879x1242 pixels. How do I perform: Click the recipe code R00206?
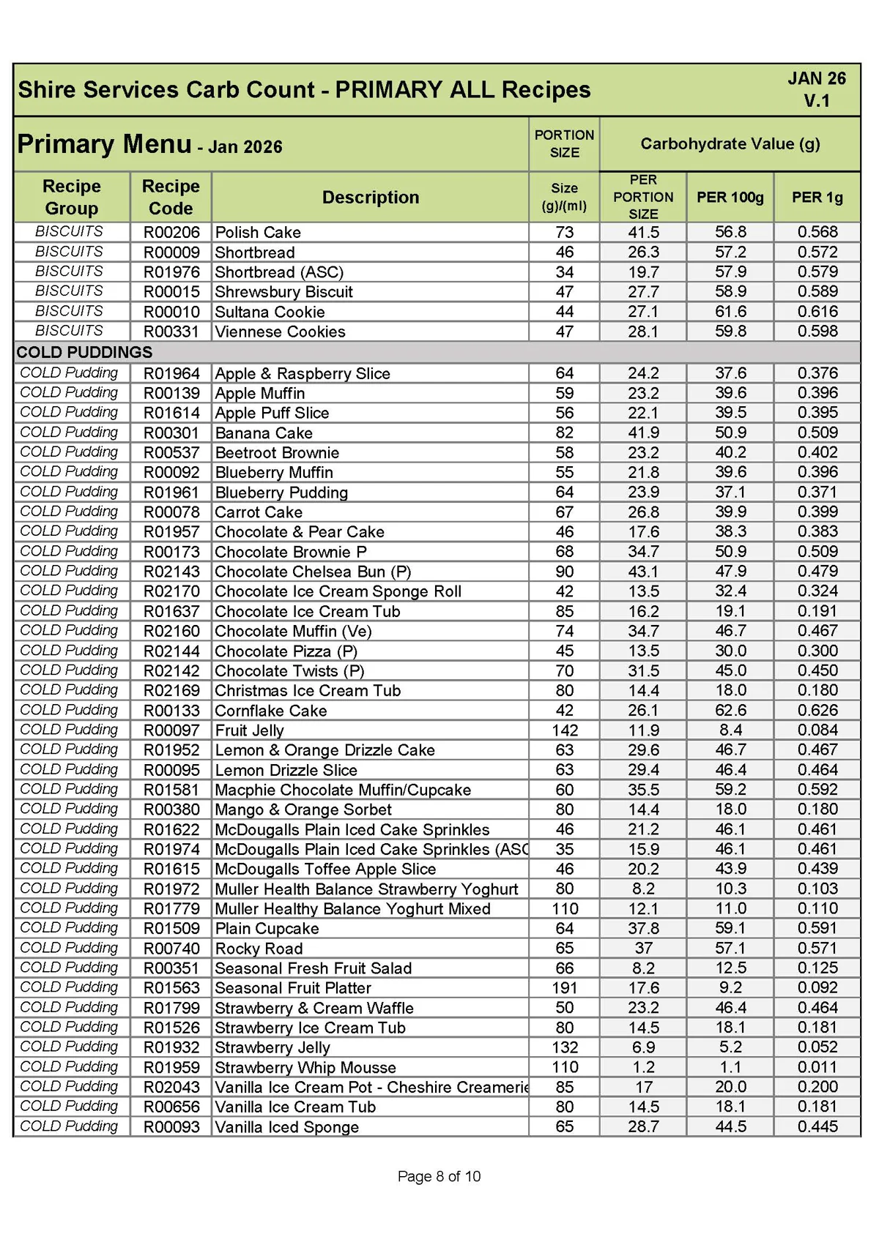tap(171, 232)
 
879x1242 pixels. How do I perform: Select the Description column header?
tap(371, 197)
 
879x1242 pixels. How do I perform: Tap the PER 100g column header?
tap(730, 197)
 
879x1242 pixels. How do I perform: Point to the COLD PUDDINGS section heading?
tap(84, 352)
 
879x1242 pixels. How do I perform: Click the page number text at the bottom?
tap(439, 1176)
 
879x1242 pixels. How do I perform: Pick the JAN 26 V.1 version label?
tap(816, 89)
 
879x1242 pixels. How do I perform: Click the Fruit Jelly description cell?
tap(249, 730)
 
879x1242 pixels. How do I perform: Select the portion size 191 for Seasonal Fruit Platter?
tap(564, 988)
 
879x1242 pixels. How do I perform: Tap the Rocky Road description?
tap(259, 949)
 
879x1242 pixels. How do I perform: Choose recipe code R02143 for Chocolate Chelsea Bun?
tap(171, 572)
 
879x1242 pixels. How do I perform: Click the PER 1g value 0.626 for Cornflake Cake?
tap(817, 710)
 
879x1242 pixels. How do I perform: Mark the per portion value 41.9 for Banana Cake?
tap(643, 433)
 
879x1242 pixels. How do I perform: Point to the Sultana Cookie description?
tap(270, 312)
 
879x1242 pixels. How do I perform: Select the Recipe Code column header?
tap(171, 197)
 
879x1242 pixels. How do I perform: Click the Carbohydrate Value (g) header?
tap(730, 143)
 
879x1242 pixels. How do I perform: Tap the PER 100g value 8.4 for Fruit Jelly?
tap(730, 730)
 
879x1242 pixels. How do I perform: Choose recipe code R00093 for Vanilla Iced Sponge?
tap(171, 1127)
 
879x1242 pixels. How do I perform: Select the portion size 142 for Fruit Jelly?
tap(564, 730)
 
